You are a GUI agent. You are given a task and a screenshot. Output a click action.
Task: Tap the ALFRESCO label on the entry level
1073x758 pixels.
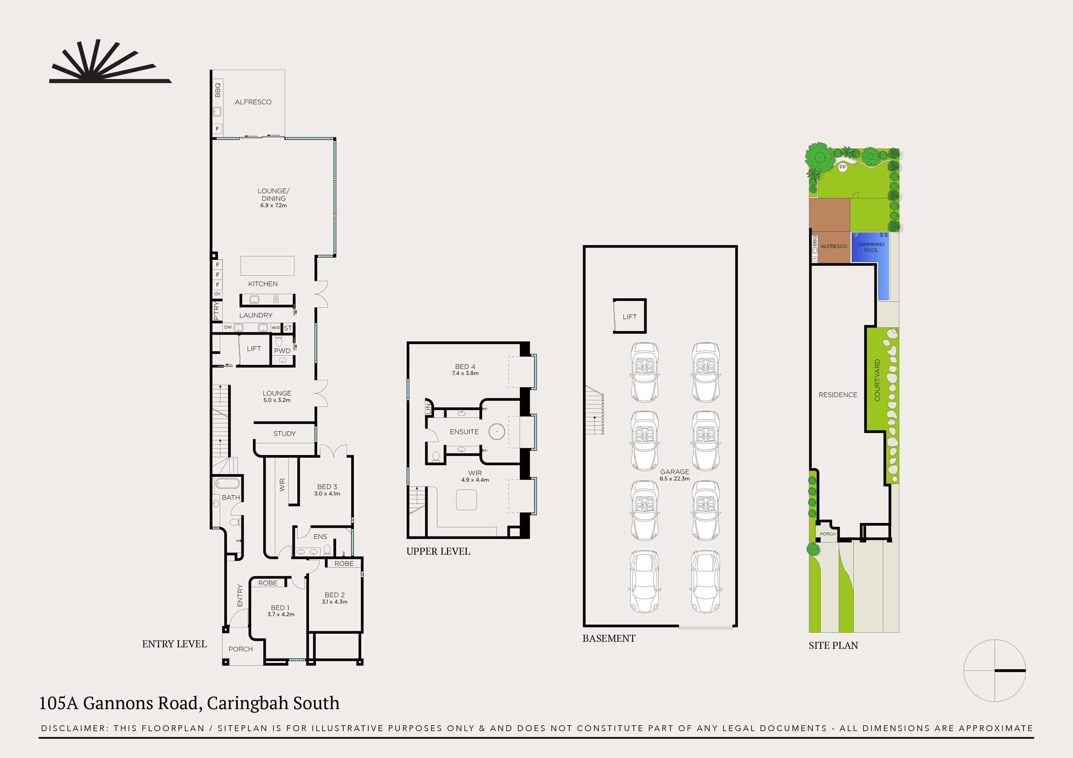(x=253, y=102)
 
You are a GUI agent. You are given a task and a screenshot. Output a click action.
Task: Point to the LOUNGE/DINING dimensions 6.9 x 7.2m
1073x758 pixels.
(x=273, y=205)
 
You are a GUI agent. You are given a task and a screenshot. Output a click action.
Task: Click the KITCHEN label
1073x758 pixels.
(x=263, y=284)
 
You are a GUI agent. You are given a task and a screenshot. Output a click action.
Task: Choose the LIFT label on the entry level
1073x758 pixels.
(x=254, y=349)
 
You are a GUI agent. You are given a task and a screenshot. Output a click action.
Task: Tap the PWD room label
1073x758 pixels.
(x=282, y=351)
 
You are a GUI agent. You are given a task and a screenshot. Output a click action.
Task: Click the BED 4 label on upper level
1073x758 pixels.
(x=465, y=367)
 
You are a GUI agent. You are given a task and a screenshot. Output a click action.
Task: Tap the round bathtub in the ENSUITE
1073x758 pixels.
(x=496, y=432)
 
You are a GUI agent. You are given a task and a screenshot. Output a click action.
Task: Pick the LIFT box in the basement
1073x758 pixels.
(x=629, y=316)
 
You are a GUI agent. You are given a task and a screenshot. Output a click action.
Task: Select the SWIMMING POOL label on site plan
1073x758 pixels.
(x=871, y=247)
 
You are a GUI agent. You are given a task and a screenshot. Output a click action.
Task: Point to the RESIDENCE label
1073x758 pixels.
(x=837, y=395)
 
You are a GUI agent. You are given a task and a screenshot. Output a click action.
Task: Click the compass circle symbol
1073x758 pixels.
(x=994, y=671)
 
